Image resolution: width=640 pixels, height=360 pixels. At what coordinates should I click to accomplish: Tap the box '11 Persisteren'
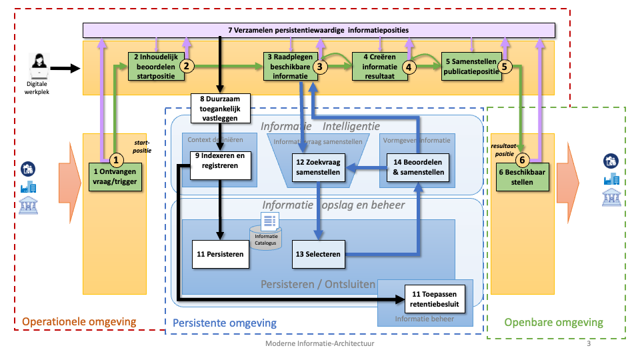219,253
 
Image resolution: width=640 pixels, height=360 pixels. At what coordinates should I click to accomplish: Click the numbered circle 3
321,67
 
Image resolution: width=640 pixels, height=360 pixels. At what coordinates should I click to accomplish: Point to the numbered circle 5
504,67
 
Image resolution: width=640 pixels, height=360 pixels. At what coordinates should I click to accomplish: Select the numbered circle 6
523,160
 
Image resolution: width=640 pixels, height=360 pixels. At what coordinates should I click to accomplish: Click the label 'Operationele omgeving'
79,322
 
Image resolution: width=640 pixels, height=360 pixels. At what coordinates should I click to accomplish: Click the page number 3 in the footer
589,344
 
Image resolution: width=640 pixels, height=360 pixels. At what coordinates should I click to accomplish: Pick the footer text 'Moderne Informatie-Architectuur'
320,344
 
